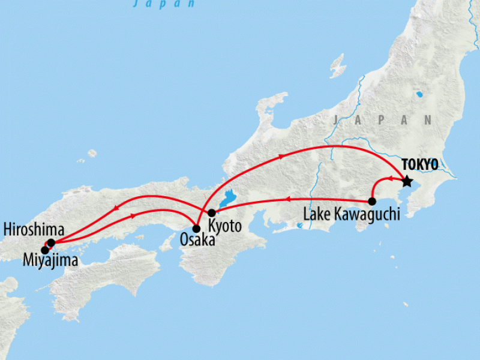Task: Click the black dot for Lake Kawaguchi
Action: [372, 202]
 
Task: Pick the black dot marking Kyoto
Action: [211, 213]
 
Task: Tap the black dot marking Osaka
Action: [196, 229]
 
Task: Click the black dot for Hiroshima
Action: [51, 242]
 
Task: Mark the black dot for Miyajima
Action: [44, 250]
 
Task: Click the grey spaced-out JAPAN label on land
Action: [383, 120]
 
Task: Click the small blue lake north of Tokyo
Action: [418, 95]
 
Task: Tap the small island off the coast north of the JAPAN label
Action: [338, 65]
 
